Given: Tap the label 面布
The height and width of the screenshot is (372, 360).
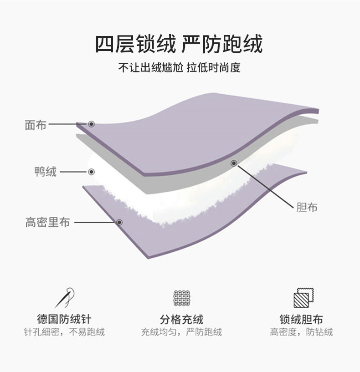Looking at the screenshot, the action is point(35,125).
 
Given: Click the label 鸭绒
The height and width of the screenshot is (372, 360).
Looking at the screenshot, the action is point(46,172).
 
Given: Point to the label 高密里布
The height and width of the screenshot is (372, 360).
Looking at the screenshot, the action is point(47,222).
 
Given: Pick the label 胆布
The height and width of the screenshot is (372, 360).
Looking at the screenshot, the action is point(306,208).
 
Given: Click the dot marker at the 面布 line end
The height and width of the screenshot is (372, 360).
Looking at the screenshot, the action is point(91,124).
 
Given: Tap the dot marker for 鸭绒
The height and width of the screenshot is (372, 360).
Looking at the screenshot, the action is point(91,172).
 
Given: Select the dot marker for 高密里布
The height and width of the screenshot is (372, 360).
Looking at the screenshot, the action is point(119,222).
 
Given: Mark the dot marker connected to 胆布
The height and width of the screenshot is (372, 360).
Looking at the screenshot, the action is point(234,163).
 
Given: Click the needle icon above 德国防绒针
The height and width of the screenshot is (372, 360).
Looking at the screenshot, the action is point(64,297).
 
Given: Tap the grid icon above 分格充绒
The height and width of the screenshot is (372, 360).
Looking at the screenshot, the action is point(181,298).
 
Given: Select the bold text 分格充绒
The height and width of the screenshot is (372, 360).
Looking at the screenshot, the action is point(181,319).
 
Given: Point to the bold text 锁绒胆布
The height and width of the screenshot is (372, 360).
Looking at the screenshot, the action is point(301,319).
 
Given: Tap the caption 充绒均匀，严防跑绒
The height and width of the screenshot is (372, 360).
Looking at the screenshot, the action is point(181,332).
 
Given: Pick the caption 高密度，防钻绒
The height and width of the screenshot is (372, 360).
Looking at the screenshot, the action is point(301,332).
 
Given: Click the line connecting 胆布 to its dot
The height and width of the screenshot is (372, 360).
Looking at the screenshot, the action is point(264,187).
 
